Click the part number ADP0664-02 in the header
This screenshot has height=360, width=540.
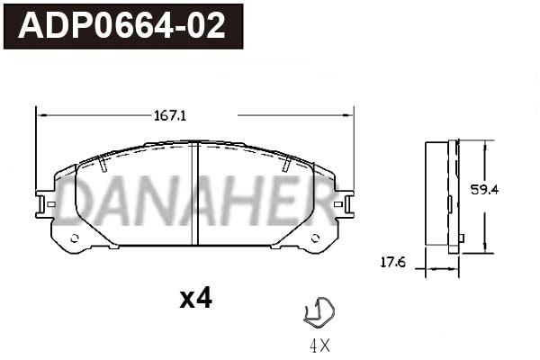[x=121, y=26]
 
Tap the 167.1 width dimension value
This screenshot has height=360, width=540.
[x=170, y=116]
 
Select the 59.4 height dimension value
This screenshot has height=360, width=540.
[x=484, y=190]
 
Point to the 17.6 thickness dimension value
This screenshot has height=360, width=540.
[x=393, y=263]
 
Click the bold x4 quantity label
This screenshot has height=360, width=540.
[x=195, y=298]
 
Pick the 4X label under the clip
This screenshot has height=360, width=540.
[x=319, y=346]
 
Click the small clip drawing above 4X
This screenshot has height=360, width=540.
[x=319, y=311]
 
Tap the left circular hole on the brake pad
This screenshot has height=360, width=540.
[x=75, y=238]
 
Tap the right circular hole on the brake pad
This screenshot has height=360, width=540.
[x=315, y=238]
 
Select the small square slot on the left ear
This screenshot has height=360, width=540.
[x=51, y=204]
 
